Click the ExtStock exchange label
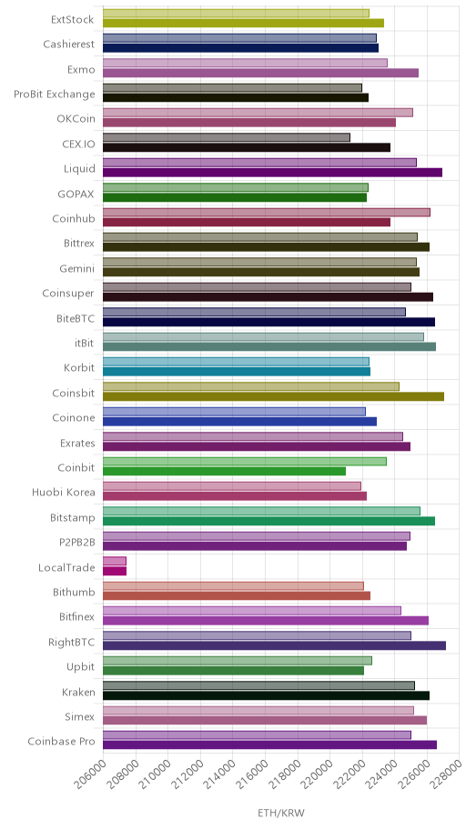point(72,20)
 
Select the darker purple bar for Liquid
point(272,173)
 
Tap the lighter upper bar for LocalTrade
point(115,561)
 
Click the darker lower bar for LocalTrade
point(115,571)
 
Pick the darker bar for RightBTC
point(274,645)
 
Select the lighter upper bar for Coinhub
point(267,212)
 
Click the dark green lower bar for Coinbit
point(224,471)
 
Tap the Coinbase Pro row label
point(61,741)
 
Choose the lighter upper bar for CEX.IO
point(226,137)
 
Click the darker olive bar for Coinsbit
point(273,396)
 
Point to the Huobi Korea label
point(64,493)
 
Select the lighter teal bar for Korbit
point(236,362)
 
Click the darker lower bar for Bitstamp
point(268,521)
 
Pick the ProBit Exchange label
point(55,95)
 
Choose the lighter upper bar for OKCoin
point(258,113)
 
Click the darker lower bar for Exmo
point(260,73)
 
